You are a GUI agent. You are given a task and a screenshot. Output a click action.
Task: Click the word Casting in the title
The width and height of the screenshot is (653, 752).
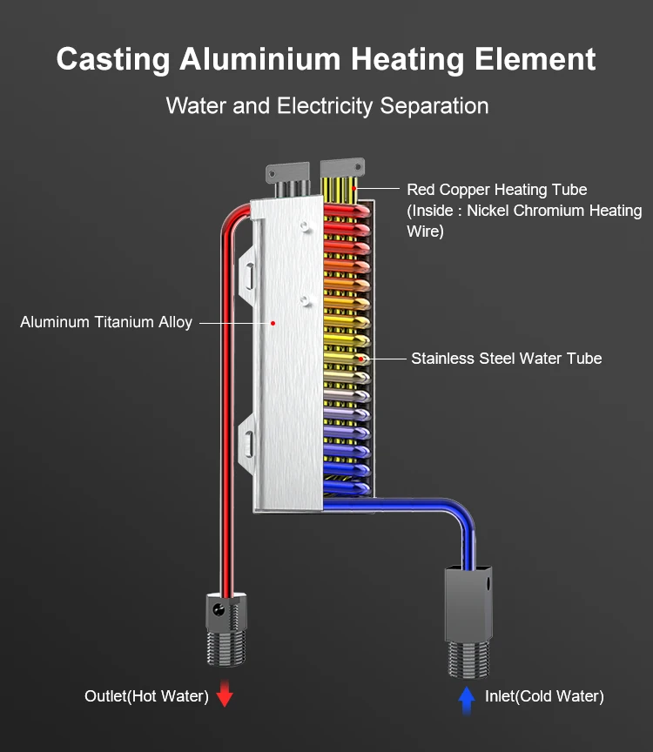pos(112,60)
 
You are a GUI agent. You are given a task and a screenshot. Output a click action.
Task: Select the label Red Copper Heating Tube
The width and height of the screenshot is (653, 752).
pos(497,190)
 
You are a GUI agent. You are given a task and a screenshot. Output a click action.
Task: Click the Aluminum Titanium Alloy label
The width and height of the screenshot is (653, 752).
pos(106,322)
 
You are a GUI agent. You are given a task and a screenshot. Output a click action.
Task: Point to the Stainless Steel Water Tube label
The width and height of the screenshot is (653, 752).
pos(506,358)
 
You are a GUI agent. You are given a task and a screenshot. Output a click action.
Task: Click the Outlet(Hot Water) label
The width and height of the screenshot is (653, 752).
pos(146,696)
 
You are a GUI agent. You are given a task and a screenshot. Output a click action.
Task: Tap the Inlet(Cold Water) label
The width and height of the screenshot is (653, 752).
pos(545,696)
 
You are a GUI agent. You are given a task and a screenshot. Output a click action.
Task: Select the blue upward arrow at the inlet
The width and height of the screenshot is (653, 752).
pos(467,696)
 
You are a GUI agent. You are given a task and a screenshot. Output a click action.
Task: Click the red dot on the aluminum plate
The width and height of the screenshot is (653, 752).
pos(273,322)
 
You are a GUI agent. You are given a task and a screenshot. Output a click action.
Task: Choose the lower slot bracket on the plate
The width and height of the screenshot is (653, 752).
pos(248,444)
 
